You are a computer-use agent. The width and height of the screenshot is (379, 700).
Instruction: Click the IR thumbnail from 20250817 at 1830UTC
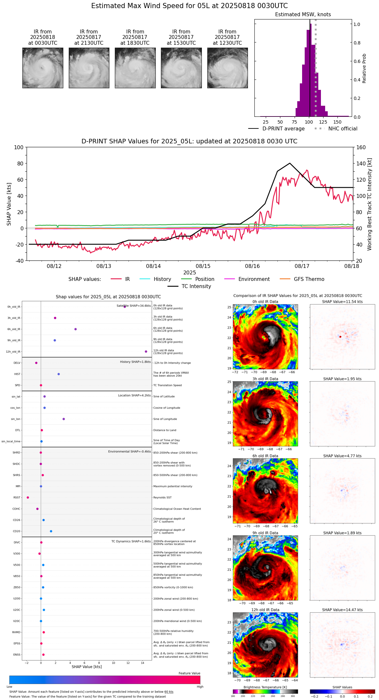[x=135, y=68]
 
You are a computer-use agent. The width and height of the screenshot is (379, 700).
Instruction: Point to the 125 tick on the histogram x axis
[x=323, y=122]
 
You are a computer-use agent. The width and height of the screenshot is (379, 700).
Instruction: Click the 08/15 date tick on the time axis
[x=203, y=266]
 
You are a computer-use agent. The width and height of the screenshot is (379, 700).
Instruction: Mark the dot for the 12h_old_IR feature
[x=146, y=352]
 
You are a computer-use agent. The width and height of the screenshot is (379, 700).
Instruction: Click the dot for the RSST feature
[x=28, y=497]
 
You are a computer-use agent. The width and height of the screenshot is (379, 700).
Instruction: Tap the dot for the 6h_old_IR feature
[x=76, y=329]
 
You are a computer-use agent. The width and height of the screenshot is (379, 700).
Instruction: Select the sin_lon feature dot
[x=64, y=419]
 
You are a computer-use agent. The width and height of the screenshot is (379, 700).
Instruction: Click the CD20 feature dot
[x=51, y=531]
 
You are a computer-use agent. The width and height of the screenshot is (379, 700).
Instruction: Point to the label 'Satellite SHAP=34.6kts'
[x=134, y=306]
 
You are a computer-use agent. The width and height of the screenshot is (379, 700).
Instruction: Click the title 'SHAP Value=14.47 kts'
[x=342, y=610]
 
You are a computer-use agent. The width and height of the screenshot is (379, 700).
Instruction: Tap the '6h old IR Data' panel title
[x=265, y=456]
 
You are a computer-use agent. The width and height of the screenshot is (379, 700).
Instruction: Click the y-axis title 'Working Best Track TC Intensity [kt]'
[x=369, y=204]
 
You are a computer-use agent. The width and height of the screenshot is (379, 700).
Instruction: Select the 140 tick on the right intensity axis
[x=361, y=163]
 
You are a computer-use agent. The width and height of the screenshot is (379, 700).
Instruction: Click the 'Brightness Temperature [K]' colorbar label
[x=265, y=687]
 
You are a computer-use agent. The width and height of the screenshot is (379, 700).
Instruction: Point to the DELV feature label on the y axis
[x=17, y=363]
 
